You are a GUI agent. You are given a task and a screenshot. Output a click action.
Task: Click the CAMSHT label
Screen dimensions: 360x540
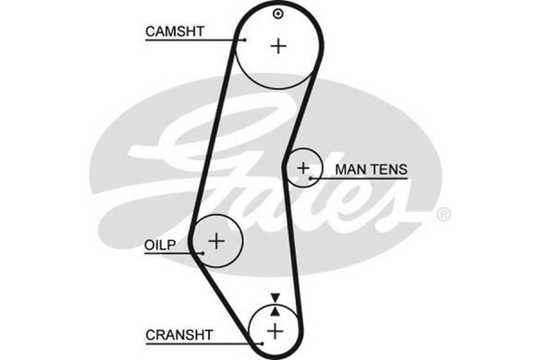click(x=175, y=31)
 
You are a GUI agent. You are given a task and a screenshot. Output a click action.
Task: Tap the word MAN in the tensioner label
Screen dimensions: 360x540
click(x=349, y=168)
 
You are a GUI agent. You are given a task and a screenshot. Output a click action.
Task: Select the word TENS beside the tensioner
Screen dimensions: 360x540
click(x=389, y=168)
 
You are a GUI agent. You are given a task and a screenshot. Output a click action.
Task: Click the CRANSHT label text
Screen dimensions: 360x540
click(x=179, y=335)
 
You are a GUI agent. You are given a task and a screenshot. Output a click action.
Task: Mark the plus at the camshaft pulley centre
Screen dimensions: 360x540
click(x=278, y=46)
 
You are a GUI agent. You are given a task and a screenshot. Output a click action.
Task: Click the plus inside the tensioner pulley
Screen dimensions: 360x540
click(x=304, y=166)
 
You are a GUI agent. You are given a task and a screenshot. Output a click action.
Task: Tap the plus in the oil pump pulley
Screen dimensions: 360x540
click(x=216, y=240)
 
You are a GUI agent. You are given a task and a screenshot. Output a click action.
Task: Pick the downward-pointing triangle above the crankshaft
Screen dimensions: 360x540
click(x=274, y=298)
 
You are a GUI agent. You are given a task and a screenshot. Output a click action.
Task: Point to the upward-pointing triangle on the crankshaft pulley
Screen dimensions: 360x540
click(x=274, y=310)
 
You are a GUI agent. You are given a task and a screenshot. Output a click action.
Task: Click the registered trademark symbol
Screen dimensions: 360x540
click(x=443, y=215)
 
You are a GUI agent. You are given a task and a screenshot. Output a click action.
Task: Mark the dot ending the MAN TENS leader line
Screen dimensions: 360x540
click(x=310, y=178)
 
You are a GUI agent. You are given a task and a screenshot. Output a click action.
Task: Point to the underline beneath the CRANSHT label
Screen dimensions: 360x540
click(x=198, y=343)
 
